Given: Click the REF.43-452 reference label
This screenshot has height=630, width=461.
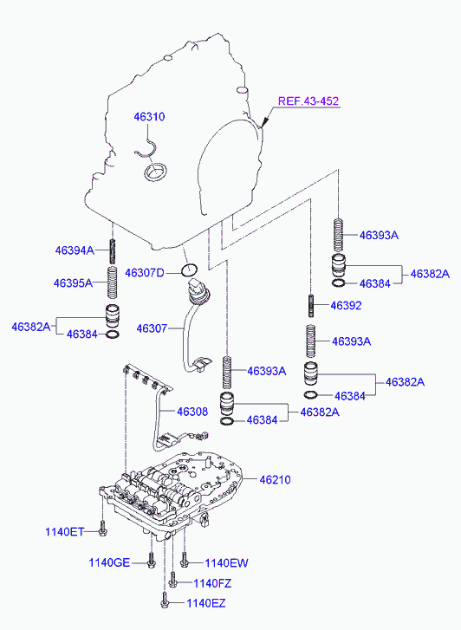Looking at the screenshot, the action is pyautogui.click(x=308, y=101).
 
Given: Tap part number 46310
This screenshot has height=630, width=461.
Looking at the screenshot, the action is pyautogui.click(x=149, y=116).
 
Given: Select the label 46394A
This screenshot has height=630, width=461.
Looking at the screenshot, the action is pyautogui.click(x=75, y=250).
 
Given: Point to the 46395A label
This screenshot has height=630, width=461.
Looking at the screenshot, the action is pyautogui.click(x=73, y=283).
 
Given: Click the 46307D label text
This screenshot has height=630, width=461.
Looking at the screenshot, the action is pyautogui.click(x=145, y=273).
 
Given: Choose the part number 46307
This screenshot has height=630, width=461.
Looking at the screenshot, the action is pyautogui.click(x=152, y=328).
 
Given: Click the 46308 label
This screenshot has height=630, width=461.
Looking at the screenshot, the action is pyautogui.click(x=192, y=412).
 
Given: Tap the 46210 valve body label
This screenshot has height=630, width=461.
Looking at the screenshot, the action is pyautogui.click(x=275, y=479).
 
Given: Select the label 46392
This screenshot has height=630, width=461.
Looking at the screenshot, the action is pyautogui.click(x=346, y=305).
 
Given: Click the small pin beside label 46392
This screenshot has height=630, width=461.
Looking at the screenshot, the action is pyautogui.click(x=311, y=306).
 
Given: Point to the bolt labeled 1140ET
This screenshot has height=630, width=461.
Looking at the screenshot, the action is pyautogui.click(x=103, y=529).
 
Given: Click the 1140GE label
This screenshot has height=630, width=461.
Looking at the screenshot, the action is pyautogui.click(x=109, y=563).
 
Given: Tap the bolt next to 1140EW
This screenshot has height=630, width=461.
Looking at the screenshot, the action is pyautogui.click(x=185, y=560).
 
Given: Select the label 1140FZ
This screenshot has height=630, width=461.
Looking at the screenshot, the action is pyautogui.click(x=212, y=583).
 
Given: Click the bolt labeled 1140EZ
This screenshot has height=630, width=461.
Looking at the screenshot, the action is pyautogui.click(x=165, y=601).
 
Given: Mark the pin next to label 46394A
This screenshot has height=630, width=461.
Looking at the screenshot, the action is pyautogui.click(x=113, y=250).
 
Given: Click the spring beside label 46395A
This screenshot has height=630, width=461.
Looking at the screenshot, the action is pyautogui.click(x=113, y=283).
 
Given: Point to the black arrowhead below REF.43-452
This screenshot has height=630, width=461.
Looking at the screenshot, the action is pyautogui.click(x=265, y=122).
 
